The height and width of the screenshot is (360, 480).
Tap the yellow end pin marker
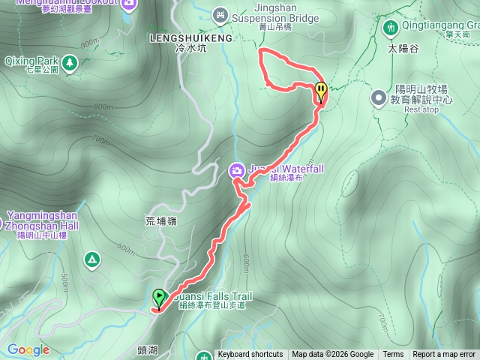pos(321,91)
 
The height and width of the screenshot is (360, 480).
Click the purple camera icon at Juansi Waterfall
pos(237,171)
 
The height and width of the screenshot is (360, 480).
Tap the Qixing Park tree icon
pos(70,63)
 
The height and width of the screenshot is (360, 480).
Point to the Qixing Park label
pos(31,59)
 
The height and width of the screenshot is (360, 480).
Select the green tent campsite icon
pos(92,259)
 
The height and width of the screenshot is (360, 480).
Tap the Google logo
pos(28,349)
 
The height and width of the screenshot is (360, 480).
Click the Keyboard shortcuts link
pos(250,355)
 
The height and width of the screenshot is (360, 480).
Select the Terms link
pos(393,355)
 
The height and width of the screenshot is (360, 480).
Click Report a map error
pos(444,355)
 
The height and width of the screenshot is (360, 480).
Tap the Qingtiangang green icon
pos(390,28)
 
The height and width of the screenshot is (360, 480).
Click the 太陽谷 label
pos(403,49)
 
